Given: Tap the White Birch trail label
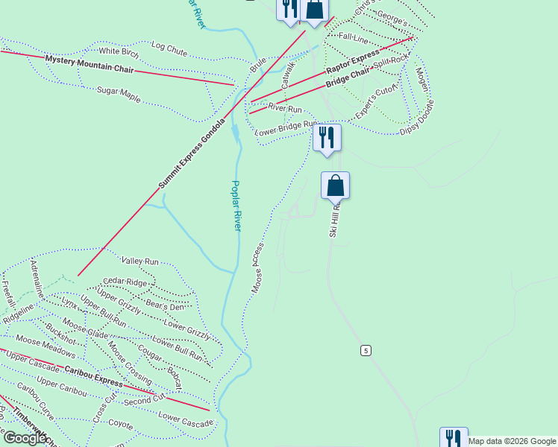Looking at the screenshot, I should click(119, 51).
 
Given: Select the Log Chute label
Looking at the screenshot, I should click(169, 48).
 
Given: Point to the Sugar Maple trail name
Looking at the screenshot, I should click(119, 94).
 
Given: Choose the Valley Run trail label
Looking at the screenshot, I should click(140, 261).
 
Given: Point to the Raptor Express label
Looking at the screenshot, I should click(353, 63).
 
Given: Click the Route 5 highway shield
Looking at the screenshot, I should click(366, 350).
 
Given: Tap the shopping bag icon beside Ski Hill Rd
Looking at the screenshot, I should click(335, 185).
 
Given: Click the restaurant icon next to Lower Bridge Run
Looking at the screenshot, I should click(327, 137).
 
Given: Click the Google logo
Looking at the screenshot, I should click(25, 438).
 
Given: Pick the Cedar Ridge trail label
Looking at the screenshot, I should click(126, 282).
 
